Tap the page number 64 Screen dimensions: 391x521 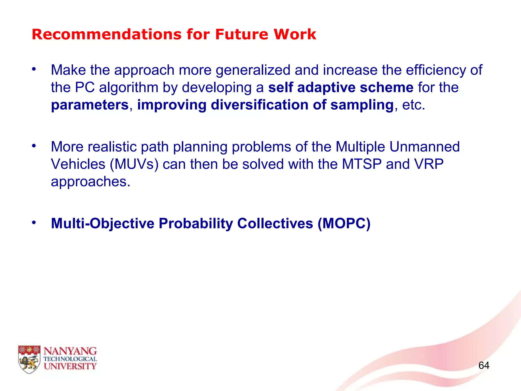pos(484,366)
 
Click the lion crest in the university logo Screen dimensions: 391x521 pos(29,359)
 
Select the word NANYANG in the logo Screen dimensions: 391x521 pos(70,351)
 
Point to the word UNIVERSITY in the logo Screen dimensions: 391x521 pos(70,366)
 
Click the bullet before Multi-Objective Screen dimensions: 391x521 pos(34,222)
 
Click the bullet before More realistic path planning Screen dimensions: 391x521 pos(34,146)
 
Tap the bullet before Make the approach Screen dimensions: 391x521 pos(34,69)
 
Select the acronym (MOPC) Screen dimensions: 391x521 pos(344,224)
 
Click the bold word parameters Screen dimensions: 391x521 pos(90,105)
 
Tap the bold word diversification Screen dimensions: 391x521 pos(259,105)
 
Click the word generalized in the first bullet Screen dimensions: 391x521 pos(253,70)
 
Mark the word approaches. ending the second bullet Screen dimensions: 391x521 pos(90,182)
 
